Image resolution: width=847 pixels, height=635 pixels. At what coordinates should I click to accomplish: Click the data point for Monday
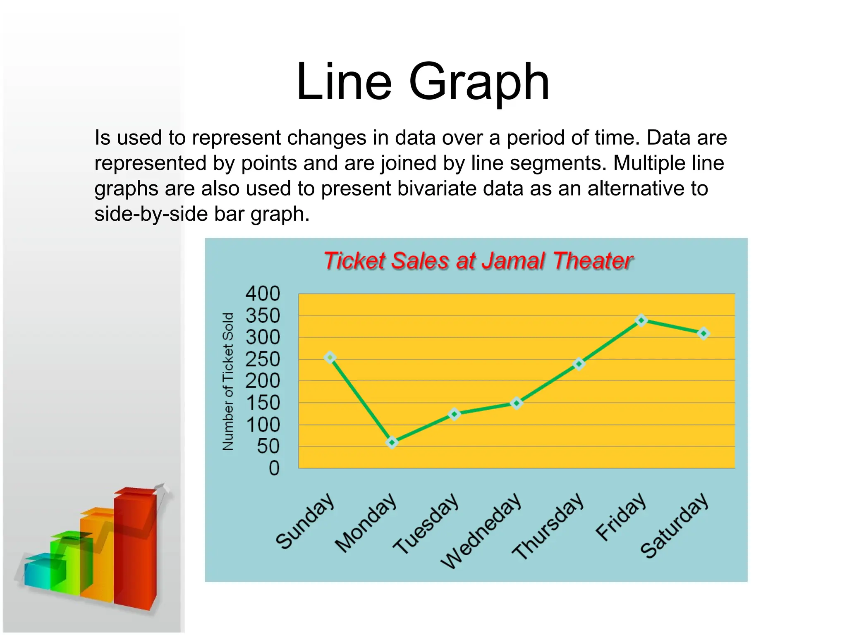tap(392, 443)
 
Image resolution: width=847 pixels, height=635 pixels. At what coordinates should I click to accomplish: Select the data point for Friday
tap(641, 320)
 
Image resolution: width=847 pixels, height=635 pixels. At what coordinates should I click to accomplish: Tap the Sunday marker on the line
tap(330, 358)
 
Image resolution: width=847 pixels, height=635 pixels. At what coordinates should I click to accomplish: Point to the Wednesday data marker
tap(516, 403)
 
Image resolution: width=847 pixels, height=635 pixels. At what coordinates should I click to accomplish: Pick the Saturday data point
tap(703, 334)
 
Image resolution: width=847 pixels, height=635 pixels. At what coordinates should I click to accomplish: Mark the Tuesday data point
tap(454, 414)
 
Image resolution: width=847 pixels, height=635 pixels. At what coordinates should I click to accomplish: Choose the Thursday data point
tap(579, 364)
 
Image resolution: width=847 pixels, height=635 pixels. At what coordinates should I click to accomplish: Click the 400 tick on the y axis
tap(263, 294)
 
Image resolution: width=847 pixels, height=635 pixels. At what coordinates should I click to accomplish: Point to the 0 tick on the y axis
tap(274, 468)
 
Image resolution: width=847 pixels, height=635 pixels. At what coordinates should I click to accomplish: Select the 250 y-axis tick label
tap(263, 360)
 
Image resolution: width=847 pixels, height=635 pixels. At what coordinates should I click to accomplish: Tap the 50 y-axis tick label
tap(268, 446)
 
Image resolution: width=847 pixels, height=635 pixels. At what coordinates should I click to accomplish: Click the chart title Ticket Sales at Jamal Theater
tap(478, 261)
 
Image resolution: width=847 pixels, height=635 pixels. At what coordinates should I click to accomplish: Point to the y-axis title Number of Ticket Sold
tap(228, 381)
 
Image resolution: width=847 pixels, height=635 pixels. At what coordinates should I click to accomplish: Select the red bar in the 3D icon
tap(135, 550)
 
